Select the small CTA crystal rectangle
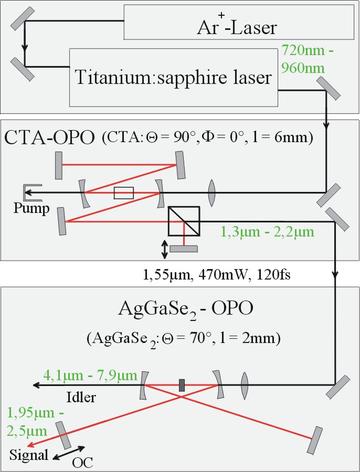pyautogui.click(x=124, y=193)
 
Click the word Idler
pyautogui.click(x=81, y=396)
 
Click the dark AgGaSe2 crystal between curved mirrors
pyautogui.click(x=182, y=385)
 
